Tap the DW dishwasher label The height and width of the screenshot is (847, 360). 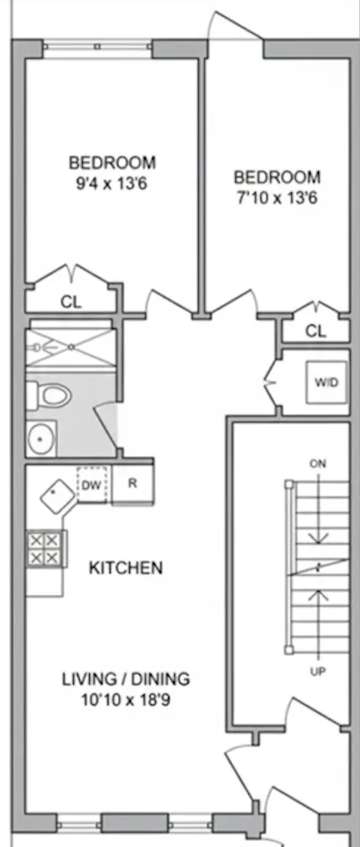pos(90,485)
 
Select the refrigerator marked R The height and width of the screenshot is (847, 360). pos(132,485)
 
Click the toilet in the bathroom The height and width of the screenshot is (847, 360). pos(49,394)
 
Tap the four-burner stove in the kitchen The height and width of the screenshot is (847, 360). pos(45,547)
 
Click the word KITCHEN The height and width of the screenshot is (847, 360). pos(126,567)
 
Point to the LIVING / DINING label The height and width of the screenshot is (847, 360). pos(126,679)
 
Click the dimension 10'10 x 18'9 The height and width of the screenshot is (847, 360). pos(126,700)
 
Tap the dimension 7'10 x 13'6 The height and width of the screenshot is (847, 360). pos(276,197)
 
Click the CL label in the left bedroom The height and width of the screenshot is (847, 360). pos(70,301)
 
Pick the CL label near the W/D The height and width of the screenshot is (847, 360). pos(315,331)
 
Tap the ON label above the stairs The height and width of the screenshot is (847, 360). pos(317,464)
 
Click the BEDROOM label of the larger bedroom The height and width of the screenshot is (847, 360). pos(112,163)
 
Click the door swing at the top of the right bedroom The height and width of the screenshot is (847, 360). pos(233,27)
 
